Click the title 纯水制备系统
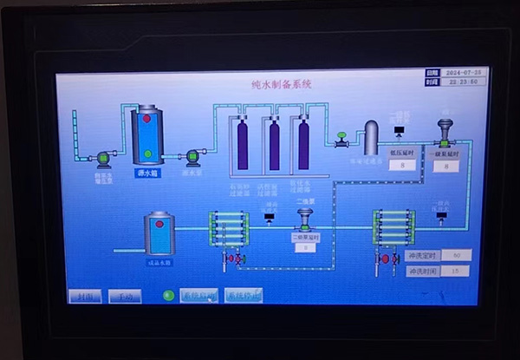tap(275, 85)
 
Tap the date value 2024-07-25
tap(461, 73)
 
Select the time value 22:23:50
tap(461, 82)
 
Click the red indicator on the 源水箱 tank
tap(147, 118)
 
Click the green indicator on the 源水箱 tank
tap(147, 154)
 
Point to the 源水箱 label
tap(148, 173)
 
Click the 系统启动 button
tap(198, 296)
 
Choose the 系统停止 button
tap(244, 296)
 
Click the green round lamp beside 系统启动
tap(169, 296)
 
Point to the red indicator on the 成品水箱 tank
tap(160, 225)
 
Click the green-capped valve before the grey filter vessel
tap(341, 138)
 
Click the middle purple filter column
tap(274, 145)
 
